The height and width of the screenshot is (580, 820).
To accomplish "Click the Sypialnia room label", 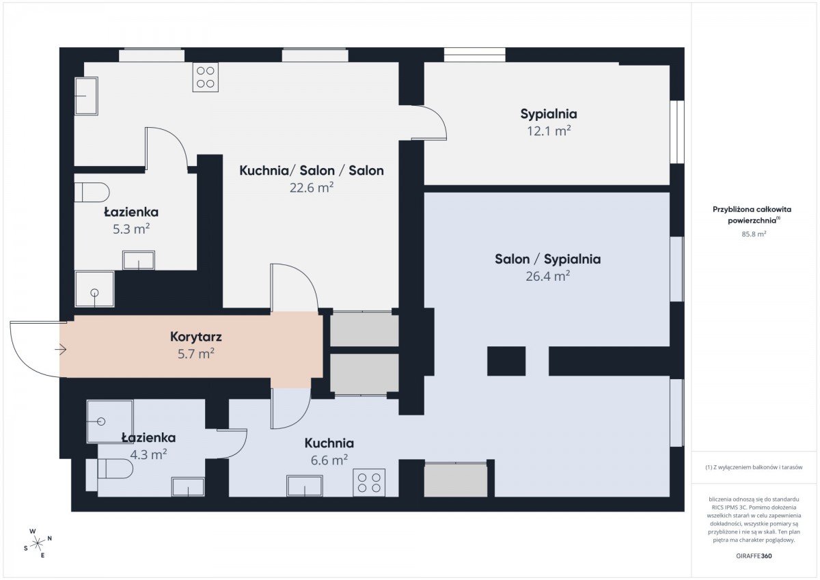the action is tap(548, 114).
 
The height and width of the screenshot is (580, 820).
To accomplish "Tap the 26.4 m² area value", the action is tap(547, 276).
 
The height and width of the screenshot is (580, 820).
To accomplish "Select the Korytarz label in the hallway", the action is tap(196, 337).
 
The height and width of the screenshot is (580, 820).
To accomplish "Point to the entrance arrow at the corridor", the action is tap(60, 350).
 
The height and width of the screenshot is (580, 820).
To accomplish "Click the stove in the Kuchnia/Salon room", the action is tap(206, 77).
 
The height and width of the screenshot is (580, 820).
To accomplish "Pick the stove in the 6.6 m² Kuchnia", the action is tap(369, 483).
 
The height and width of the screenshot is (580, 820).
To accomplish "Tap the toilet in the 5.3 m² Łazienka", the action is tap(92, 192).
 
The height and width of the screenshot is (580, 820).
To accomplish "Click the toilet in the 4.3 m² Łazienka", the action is tap(109, 469).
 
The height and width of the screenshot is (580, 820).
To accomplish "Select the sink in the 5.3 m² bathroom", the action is tap(138, 260).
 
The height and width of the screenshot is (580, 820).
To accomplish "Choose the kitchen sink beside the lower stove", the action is tap(305, 486).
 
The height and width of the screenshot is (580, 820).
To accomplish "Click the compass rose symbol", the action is tap(38, 543).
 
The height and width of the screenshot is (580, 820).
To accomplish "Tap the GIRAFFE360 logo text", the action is tap(754, 556).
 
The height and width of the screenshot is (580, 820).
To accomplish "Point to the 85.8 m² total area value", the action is tap(754, 234).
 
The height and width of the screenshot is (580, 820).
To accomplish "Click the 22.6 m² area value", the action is tap(312, 188).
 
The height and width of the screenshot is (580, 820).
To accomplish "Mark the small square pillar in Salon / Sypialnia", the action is tap(506, 361).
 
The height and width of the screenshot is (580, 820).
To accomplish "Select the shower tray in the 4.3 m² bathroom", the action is tap(110, 422).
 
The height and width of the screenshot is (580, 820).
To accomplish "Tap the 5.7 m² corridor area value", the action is tap(196, 354).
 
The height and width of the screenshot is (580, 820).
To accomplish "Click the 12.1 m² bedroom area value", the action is tap(549, 131).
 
